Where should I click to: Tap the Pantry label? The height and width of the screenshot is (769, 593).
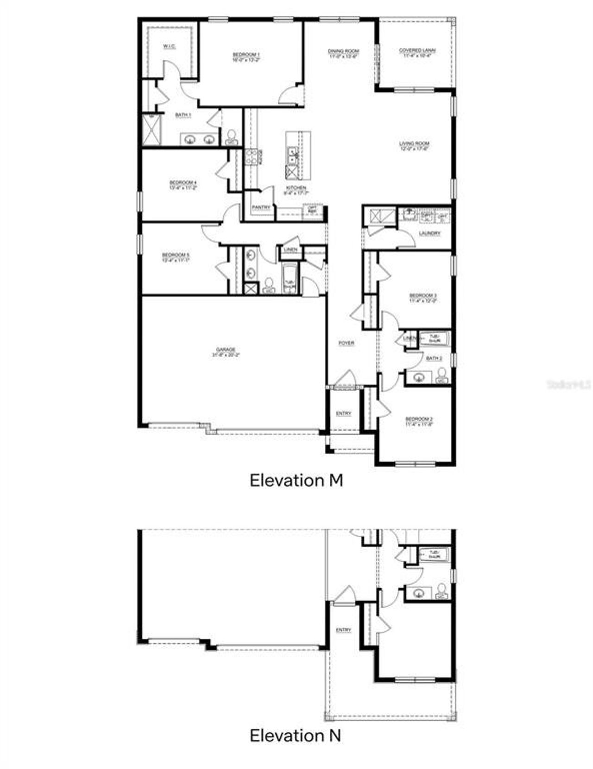click(x=261, y=207)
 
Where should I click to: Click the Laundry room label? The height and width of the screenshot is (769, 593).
click(x=429, y=233)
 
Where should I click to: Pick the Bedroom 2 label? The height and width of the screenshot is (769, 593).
click(x=419, y=421)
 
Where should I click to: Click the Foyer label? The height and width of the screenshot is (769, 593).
click(x=347, y=343)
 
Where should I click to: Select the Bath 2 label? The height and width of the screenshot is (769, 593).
click(x=434, y=359)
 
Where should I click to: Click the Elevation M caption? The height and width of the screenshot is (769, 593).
click(x=296, y=480)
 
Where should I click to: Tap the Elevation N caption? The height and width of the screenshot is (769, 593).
click(x=296, y=735)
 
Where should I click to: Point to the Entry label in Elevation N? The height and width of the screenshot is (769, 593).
click(x=343, y=630)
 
